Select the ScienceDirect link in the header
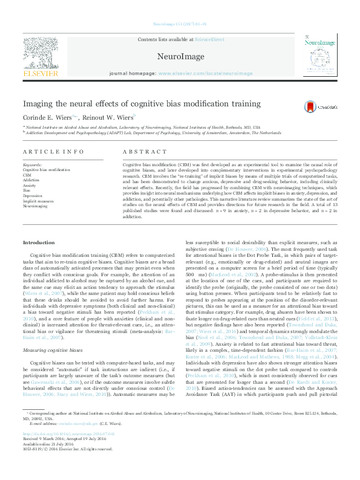tap(209, 39)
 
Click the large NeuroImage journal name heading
tap(179, 55)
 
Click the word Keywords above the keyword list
tap(32, 164)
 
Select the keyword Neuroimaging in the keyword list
tap(35, 206)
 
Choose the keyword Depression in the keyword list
tap(33, 196)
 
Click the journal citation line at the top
tap(180, 24)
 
